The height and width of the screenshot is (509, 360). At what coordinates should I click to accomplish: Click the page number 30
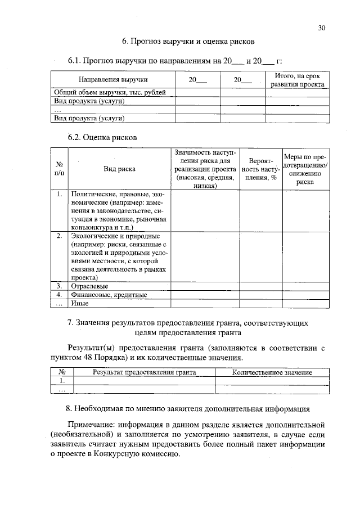[322, 27]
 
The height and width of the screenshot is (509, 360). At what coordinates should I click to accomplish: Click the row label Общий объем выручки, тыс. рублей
[109, 92]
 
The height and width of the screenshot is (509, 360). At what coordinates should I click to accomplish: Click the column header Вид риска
[119, 168]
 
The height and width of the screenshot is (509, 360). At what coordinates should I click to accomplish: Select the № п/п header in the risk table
[60, 168]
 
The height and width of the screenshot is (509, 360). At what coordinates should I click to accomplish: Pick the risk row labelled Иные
[80, 303]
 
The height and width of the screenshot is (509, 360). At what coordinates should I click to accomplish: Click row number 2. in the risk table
[59, 236]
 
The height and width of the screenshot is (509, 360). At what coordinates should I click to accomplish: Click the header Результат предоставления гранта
[145, 372]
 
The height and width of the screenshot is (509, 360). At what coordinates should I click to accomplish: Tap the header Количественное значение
[272, 372]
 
